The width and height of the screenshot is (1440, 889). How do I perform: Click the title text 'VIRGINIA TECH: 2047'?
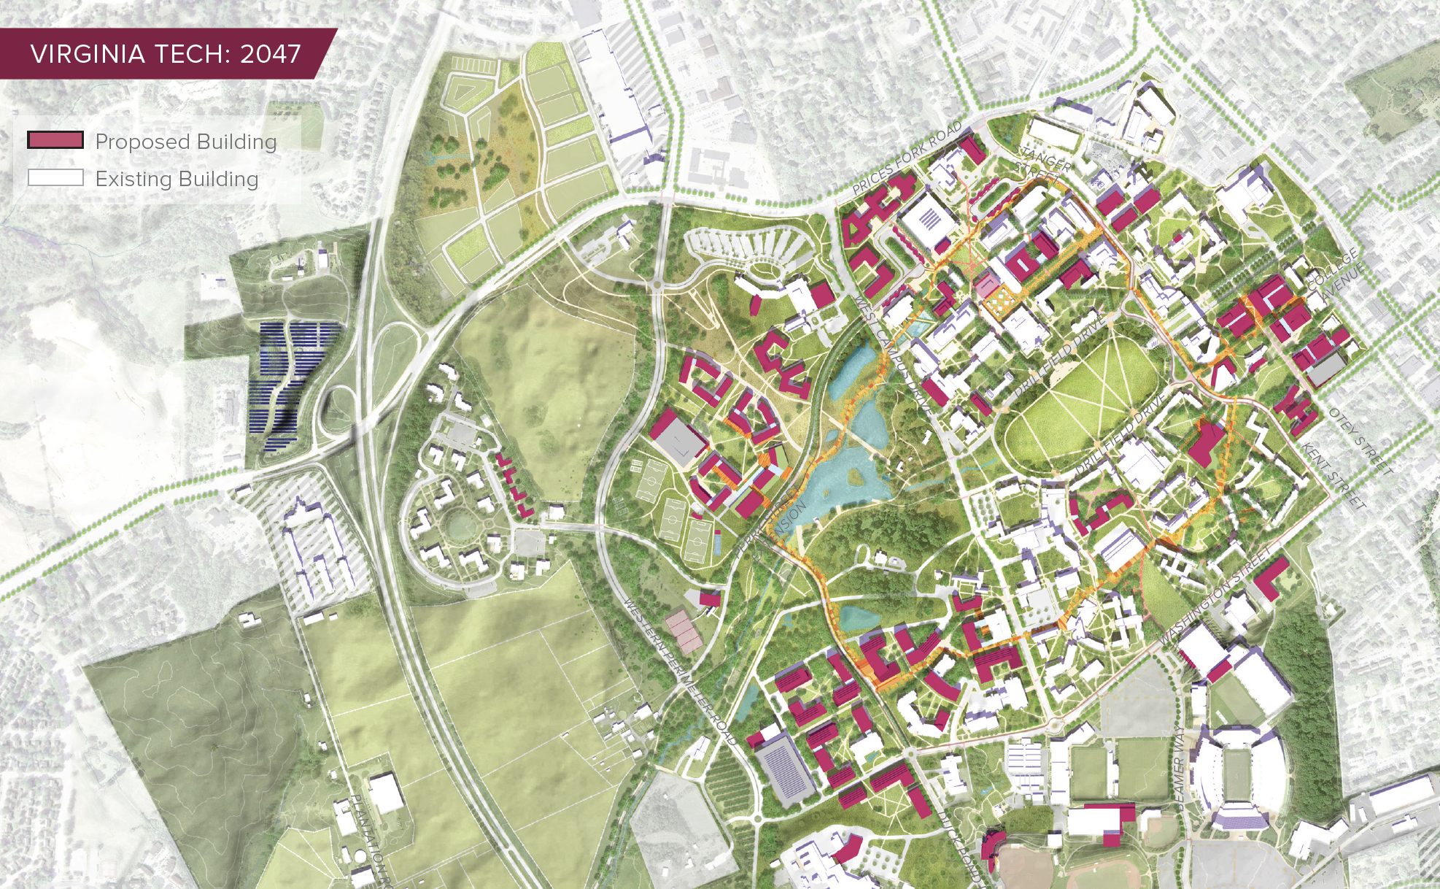point(166,54)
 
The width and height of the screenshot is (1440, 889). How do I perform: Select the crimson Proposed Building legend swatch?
point(55,140)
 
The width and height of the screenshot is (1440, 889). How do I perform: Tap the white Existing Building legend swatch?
point(55,177)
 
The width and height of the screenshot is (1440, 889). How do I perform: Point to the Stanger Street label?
point(1042,163)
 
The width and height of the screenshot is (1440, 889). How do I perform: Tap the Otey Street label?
point(1360,441)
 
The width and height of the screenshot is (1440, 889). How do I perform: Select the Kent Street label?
point(1333,475)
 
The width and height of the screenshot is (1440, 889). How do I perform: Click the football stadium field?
point(1238,777)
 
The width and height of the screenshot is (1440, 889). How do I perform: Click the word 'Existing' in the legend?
point(133,179)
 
